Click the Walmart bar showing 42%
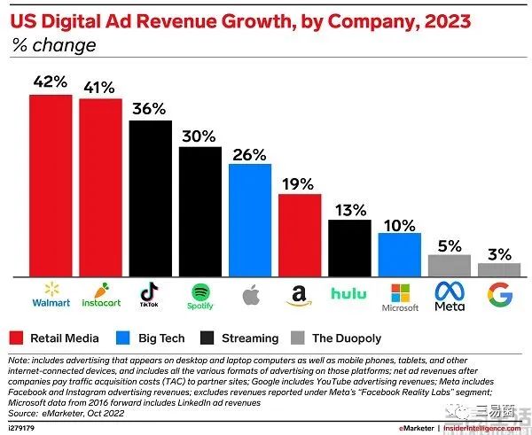click(51, 185)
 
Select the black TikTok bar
click(150, 198)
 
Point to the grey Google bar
click(499, 270)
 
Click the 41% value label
click(100, 86)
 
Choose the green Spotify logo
click(200, 291)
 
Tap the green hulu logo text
click(349, 293)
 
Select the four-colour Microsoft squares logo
click(399, 289)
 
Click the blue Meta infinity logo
click(450, 290)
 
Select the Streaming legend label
click(252, 338)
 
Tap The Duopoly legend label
click(348, 338)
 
